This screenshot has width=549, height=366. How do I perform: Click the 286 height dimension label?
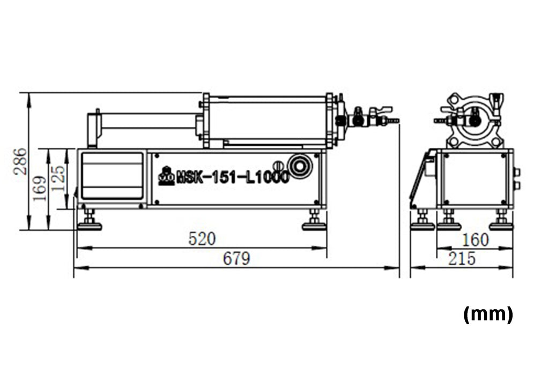(20, 161)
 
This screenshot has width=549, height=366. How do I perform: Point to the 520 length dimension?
(202, 239)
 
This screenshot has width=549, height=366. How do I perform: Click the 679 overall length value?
(236, 259)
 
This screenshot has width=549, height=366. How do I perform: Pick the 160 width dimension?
(475, 240)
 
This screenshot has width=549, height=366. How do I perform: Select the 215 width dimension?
(462, 259)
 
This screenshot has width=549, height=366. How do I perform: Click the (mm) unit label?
(487, 315)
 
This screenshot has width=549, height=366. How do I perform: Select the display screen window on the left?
(112, 176)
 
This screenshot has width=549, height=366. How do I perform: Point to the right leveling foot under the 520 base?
(314, 221)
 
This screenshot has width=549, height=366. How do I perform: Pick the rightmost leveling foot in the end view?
(501, 221)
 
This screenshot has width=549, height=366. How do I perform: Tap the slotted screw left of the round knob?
(278, 166)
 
